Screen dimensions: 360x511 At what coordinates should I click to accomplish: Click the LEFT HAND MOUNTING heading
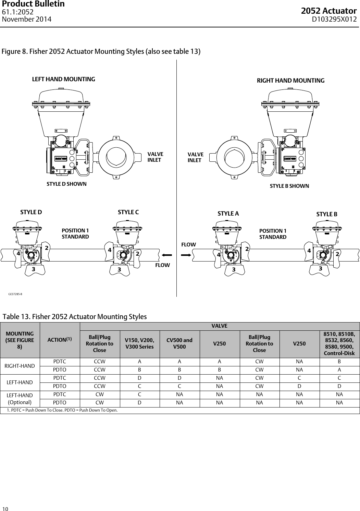63,79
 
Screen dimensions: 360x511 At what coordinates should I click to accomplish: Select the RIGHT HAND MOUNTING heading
290,81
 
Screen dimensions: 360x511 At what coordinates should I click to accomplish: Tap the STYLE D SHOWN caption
66,184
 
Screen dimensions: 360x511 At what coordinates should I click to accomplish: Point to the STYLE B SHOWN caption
289,186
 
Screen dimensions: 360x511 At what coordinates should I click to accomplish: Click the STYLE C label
128,212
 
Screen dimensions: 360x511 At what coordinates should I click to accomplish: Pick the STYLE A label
228,214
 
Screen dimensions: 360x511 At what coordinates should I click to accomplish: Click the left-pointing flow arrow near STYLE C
167,255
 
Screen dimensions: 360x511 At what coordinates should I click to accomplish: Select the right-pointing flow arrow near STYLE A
185,255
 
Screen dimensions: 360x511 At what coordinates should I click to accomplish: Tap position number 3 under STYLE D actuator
33,269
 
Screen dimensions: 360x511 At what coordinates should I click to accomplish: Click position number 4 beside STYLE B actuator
309,251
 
